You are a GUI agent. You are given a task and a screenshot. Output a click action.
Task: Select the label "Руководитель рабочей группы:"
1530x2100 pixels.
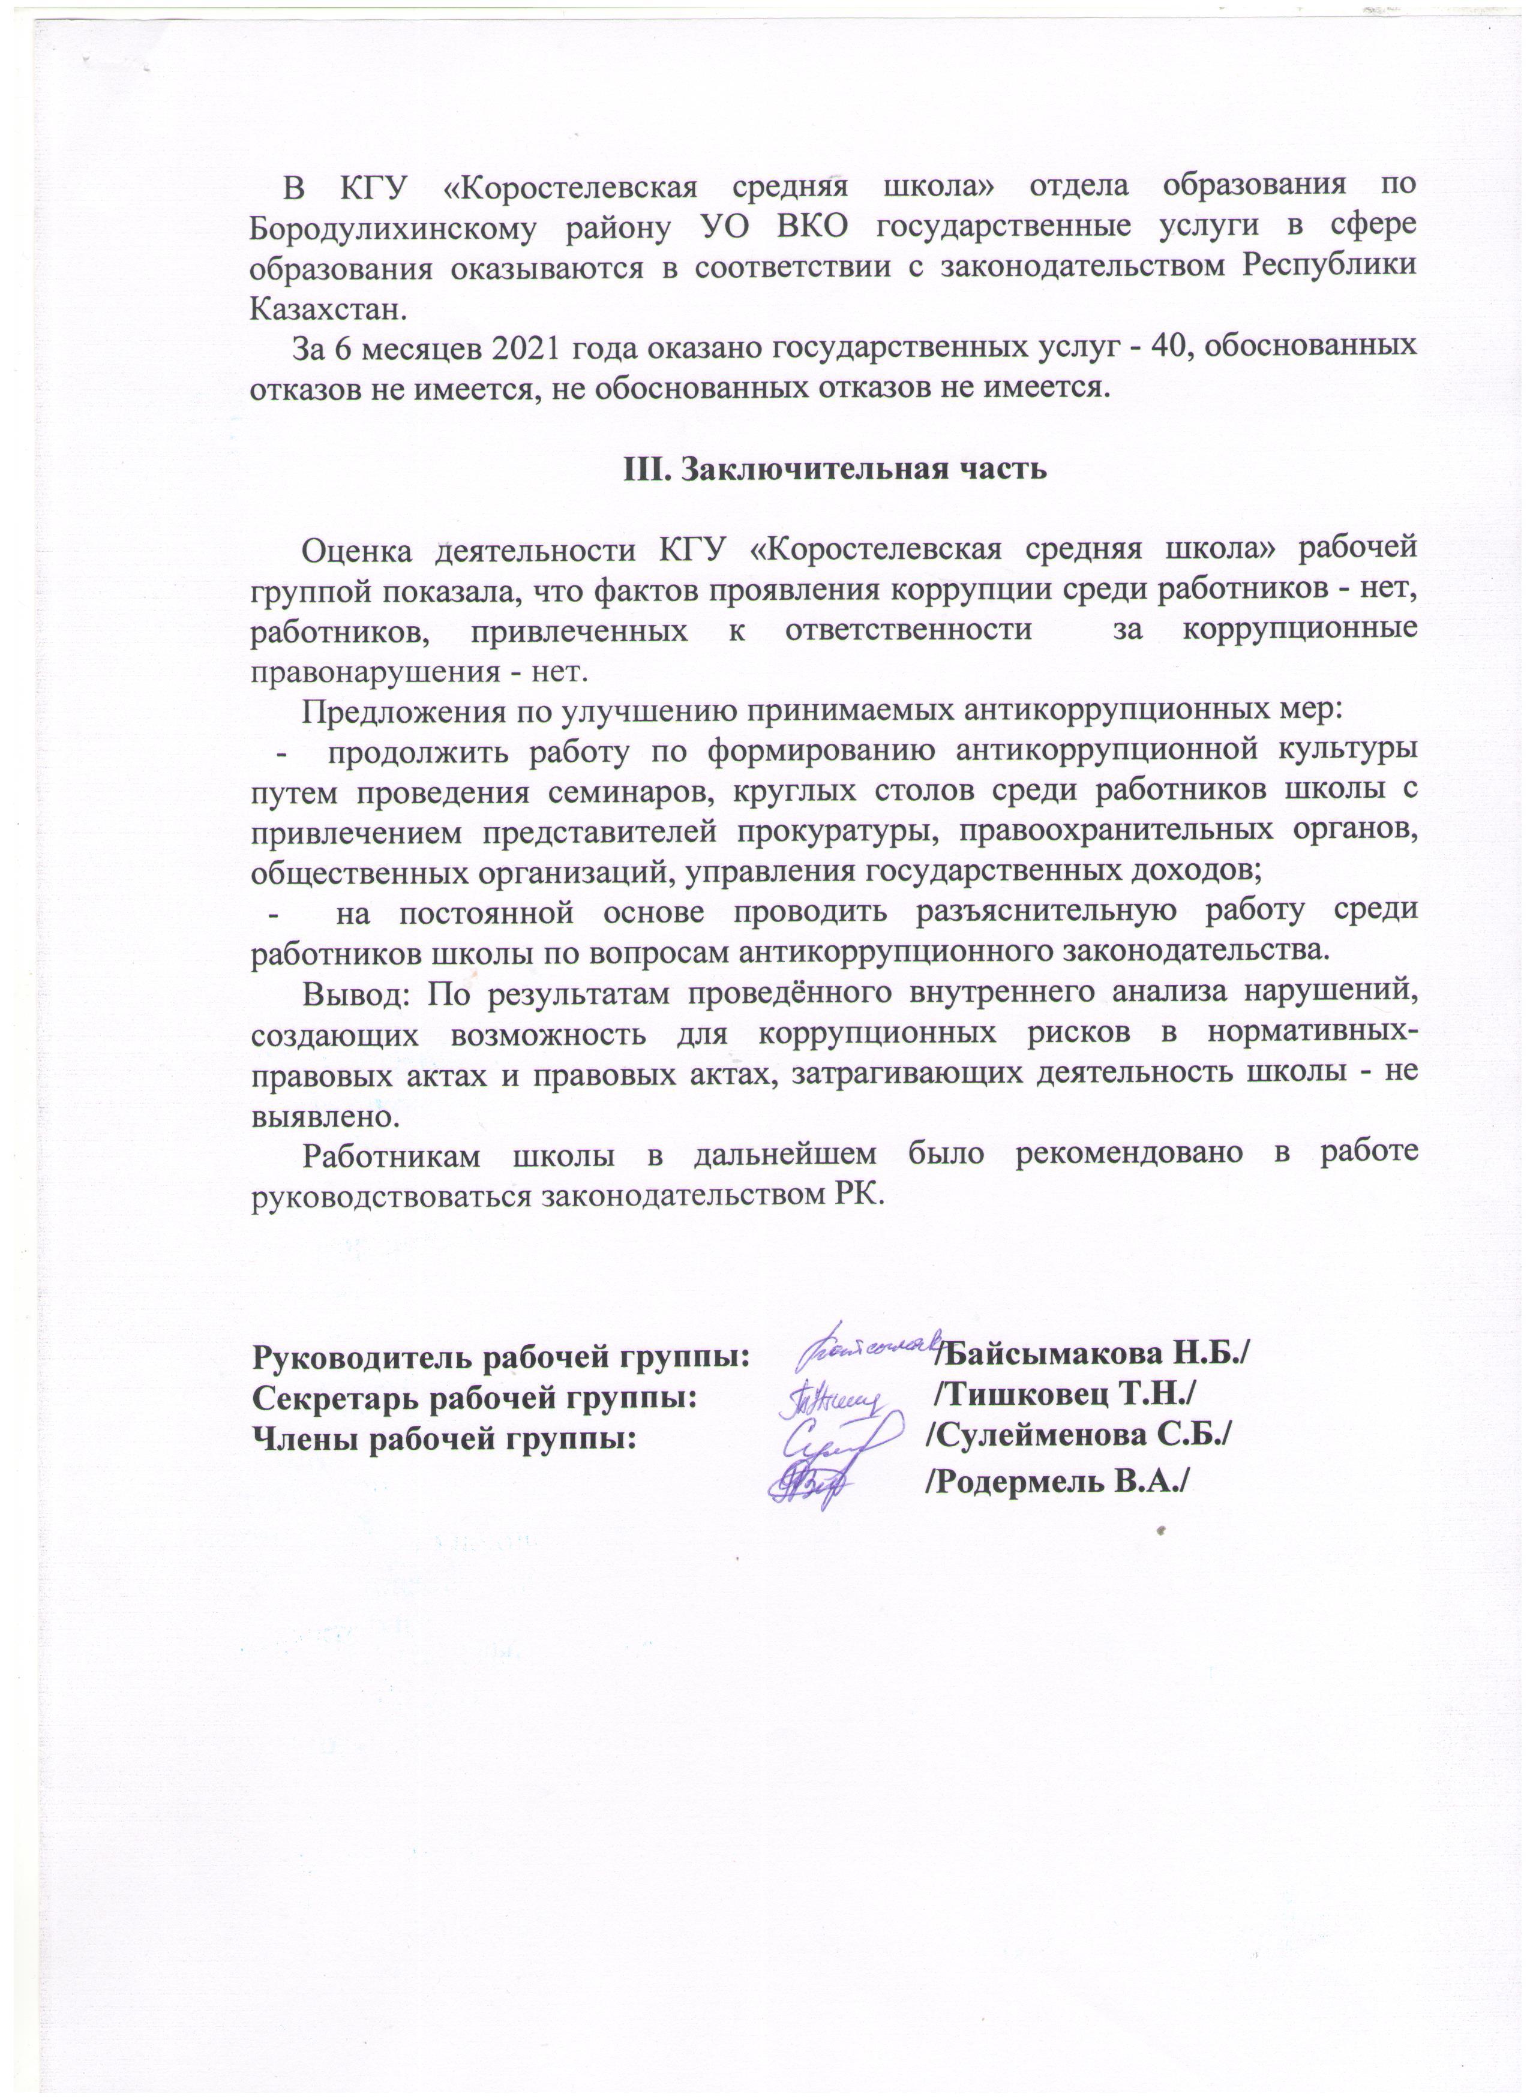501,1356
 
